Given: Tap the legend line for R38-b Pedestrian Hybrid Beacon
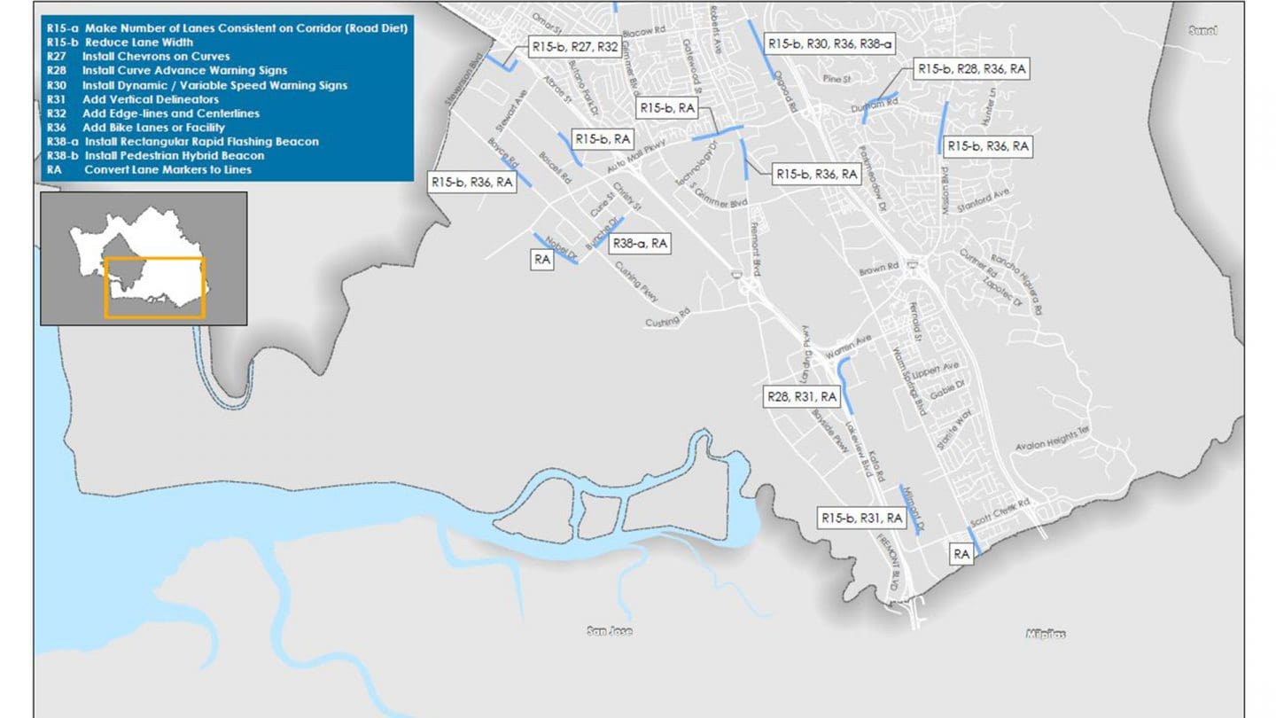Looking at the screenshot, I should tap(155, 156).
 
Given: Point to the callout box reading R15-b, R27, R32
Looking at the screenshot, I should tap(573, 47).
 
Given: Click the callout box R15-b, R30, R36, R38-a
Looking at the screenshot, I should tap(831, 43).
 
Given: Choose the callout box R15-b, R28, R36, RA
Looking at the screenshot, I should tap(972, 68).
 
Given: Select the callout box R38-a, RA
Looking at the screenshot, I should tap(640, 244).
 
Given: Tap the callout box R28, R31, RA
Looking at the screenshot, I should tap(801, 396).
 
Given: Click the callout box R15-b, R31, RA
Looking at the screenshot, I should tap(861, 518).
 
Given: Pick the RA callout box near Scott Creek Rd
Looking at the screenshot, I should tap(961, 554).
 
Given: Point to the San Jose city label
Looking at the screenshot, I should tap(610, 632).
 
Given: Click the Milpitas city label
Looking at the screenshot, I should tap(1045, 634).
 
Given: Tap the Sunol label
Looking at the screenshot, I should tap(1202, 31).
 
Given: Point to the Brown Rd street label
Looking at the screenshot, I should tap(879, 268).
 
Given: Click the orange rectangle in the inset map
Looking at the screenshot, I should tap(155, 287).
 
